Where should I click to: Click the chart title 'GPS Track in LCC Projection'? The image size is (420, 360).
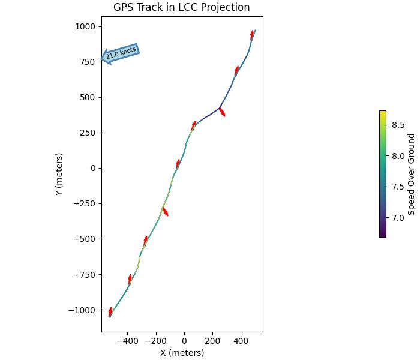tap(182, 8)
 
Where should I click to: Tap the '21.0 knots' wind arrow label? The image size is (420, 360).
tap(121, 53)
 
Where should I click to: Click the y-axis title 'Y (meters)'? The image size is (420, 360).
tap(59, 174)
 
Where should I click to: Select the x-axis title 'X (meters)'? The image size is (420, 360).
tap(182, 353)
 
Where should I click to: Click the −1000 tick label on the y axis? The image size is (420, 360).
tap(83, 310)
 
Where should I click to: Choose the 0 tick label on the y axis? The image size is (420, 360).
tap(93, 168)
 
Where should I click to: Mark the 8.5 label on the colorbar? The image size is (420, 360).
tap(398, 125)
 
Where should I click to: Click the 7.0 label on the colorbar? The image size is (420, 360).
tap(398, 218)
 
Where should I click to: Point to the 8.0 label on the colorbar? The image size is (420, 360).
tap(398, 156)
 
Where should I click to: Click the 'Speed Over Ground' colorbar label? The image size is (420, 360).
tap(412, 174)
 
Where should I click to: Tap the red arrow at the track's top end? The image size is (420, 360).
tap(253, 35)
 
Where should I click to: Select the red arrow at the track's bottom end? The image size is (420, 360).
tap(110, 311)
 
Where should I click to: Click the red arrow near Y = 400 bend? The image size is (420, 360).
tap(222, 112)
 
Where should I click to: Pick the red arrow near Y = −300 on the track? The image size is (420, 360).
tap(165, 212)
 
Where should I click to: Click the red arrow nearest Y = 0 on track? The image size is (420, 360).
tap(178, 163)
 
